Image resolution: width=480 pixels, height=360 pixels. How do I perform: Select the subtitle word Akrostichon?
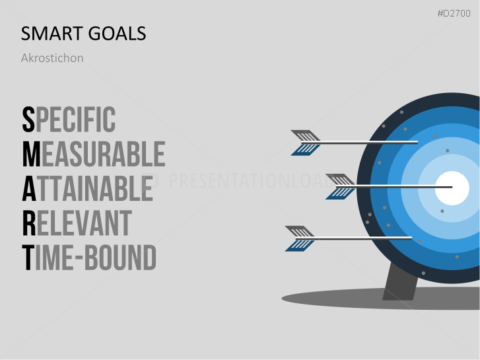pos(52,58)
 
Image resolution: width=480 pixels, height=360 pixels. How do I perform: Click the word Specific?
pos(69,120)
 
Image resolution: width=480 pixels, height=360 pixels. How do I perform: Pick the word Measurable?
pos(93,154)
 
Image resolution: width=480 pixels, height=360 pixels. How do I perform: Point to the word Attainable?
pos(87,188)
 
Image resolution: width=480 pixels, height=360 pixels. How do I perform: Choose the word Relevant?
pos(76,223)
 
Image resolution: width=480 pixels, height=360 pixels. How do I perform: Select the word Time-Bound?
pos(88,257)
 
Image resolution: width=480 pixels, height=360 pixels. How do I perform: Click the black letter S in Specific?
pos(28,120)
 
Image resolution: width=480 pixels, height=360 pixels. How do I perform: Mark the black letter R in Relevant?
pos(29,223)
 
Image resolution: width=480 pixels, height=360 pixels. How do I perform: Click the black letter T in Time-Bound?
pos(28,257)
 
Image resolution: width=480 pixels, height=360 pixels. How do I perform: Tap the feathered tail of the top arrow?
pos(305,142)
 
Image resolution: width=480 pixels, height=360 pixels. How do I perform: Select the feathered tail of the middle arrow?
pos(341,187)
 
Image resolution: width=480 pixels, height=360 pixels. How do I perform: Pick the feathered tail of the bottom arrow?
pos(299,238)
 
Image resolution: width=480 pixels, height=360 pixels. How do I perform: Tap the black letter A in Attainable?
pos(29,188)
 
